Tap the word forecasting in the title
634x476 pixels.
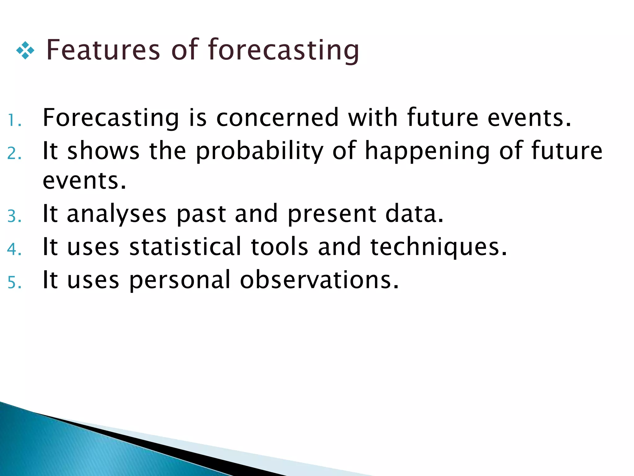(284, 50)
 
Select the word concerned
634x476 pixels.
(277, 118)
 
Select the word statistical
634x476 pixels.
(185, 247)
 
